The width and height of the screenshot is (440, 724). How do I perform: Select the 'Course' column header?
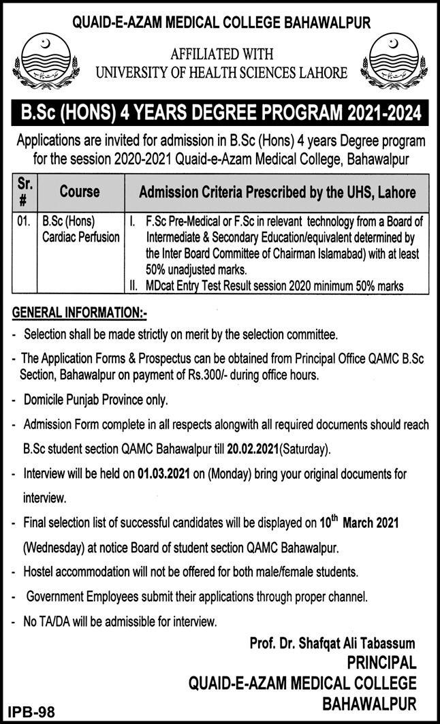79,193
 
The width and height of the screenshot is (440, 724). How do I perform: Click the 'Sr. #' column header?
25,193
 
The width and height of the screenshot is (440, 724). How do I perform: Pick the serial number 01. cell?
25,222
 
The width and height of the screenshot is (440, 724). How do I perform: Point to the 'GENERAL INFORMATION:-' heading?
79,314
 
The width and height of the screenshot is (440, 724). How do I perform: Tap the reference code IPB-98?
31,712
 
